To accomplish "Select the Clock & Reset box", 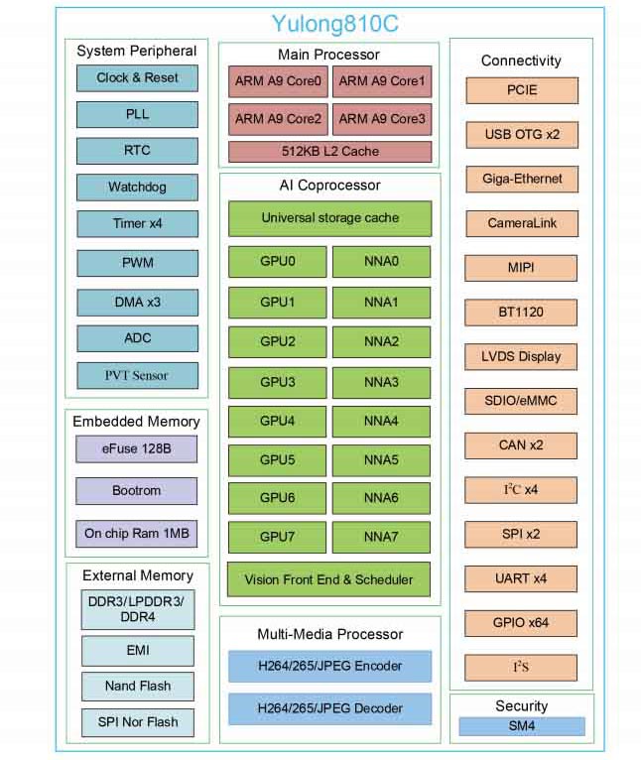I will tap(138, 77).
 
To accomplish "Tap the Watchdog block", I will tap(138, 187).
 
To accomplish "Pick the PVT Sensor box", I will tap(138, 375).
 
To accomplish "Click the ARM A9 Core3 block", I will tap(382, 119).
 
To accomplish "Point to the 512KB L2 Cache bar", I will tap(329, 152).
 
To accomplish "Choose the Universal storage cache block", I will tap(329, 217).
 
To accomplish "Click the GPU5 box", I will tap(278, 459).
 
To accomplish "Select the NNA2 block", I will tap(382, 341).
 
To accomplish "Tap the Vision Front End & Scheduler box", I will tap(329, 579).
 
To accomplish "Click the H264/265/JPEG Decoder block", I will tap(329, 708).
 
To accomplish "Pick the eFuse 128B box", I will tap(137, 449).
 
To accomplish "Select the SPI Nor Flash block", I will tap(138, 722).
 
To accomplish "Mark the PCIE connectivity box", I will tap(521, 90).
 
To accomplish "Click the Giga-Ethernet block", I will tap(521, 179).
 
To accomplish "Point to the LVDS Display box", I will tap(521, 356).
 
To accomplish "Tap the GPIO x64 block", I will tap(521, 623).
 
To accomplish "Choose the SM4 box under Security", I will tap(521, 727).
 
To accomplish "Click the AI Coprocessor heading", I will tap(329, 186).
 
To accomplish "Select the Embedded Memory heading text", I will tap(137, 422).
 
